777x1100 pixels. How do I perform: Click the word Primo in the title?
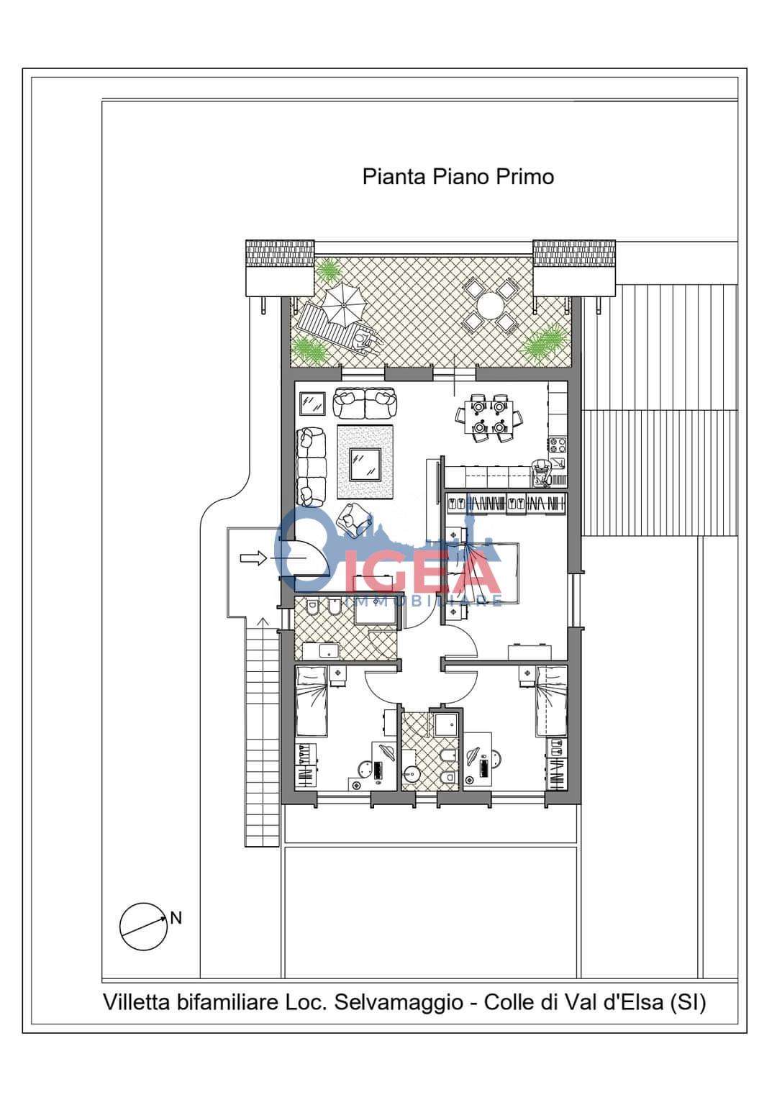tap(524, 177)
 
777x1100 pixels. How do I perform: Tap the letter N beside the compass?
tap(176, 918)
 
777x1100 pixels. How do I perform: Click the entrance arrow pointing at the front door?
tap(253, 558)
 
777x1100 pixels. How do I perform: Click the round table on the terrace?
tap(490, 306)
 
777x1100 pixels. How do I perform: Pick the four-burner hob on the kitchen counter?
tap(558, 445)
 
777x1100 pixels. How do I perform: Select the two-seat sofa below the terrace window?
tap(365, 403)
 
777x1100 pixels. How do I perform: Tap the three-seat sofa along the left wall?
tap(312, 466)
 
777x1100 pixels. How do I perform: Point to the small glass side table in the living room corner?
tap(312, 404)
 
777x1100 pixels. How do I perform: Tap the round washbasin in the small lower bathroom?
tap(412, 776)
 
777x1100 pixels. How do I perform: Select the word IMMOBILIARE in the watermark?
tap(424, 601)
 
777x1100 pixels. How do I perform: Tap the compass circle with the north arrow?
tap(143, 926)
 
